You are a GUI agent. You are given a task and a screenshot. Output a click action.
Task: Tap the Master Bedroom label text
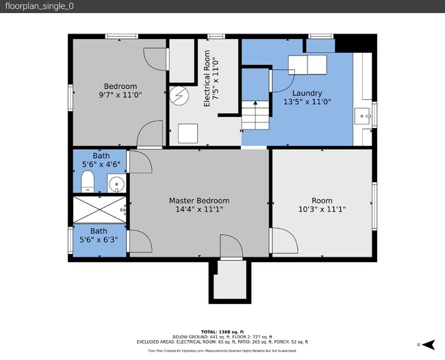tap(199, 201)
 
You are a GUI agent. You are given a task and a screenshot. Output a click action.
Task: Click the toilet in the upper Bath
tap(87, 182)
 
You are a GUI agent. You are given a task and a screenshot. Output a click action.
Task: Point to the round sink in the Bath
tap(116, 183)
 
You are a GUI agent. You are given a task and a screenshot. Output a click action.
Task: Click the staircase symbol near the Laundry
tap(256, 114)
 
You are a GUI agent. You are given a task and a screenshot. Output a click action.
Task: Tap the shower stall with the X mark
tap(99, 209)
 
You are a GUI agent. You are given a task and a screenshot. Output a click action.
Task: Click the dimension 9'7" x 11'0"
tap(120, 96)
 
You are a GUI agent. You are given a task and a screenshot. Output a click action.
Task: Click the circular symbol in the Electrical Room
tap(180, 95)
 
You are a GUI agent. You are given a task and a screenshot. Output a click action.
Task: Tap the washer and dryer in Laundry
tap(307, 64)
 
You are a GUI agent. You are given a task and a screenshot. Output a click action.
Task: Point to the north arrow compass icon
tap(429, 344)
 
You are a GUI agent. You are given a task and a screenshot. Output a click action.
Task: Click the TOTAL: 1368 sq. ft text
tap(222, 332)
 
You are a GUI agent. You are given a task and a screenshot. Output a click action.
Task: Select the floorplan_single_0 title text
tap(40, 6)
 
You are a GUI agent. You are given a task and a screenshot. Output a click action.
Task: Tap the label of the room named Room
tap(322, 201)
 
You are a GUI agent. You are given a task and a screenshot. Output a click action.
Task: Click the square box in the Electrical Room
tap(187, 133)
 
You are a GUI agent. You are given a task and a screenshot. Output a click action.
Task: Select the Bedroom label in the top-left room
tap(120, 86)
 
